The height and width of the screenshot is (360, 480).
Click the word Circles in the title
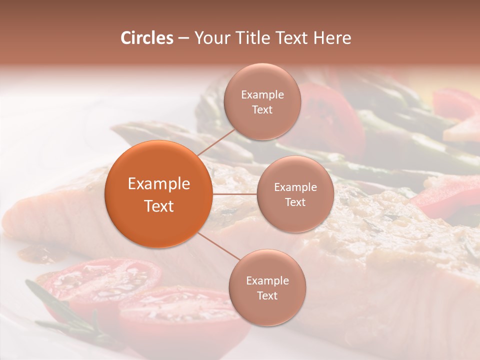(x=146, y=38)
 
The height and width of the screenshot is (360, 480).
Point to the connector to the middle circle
(x=234, y=193)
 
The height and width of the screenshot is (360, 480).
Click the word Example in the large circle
(x=159, y=184)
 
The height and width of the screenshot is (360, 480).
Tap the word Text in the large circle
(x=159, y=206)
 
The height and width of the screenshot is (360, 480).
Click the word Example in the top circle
(x=262, y=95)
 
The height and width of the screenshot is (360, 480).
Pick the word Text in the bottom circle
(x=267, y=295)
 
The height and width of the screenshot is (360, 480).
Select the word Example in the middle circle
(x=295, y=187)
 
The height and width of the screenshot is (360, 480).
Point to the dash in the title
(x=183, y=38)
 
